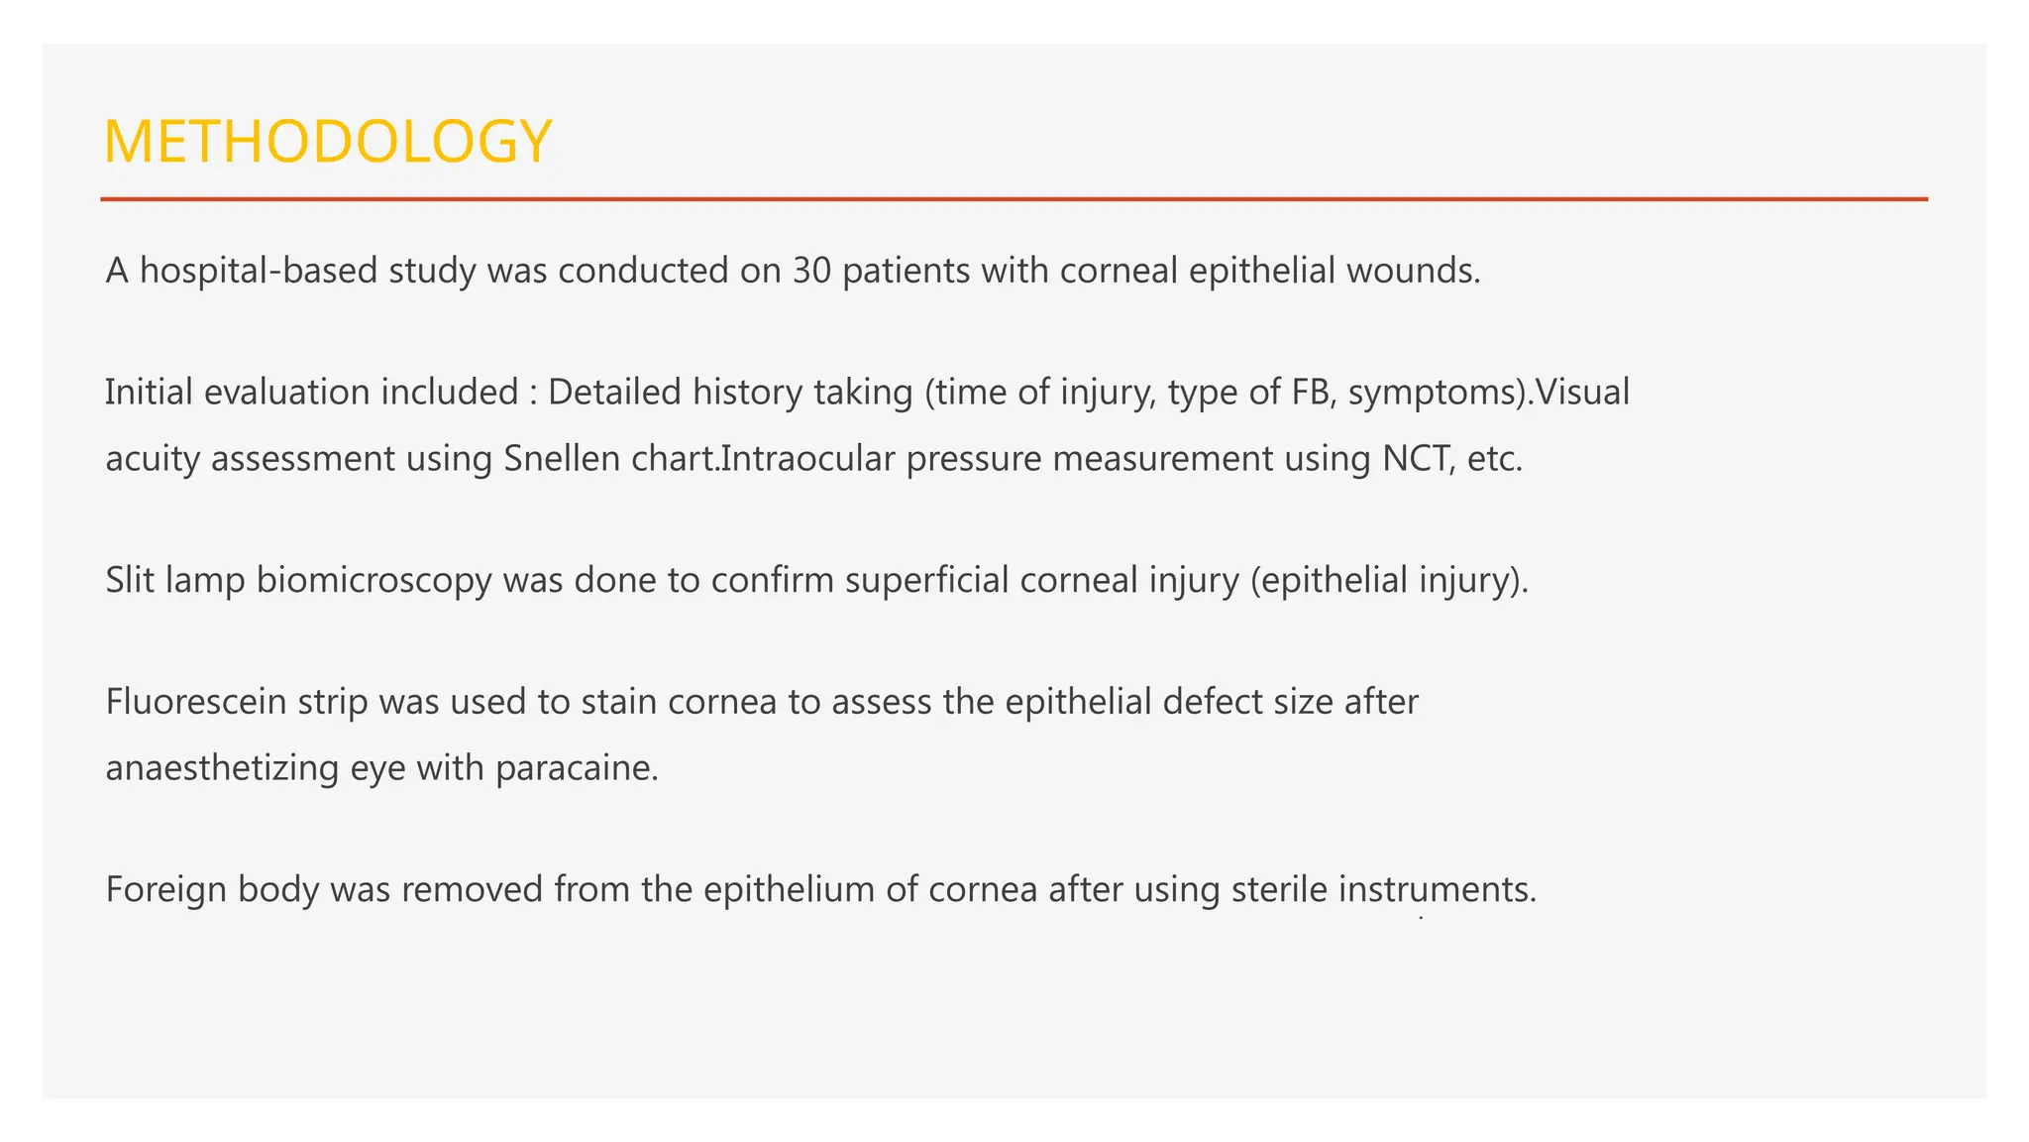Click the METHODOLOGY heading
pyautogui.click(x=327, y=142)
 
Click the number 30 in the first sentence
pyautogui.click(x=811, y=271)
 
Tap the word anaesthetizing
pyautogui.click(x=222, y=768)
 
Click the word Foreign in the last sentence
pyautogui.click(x=165, y=890)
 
